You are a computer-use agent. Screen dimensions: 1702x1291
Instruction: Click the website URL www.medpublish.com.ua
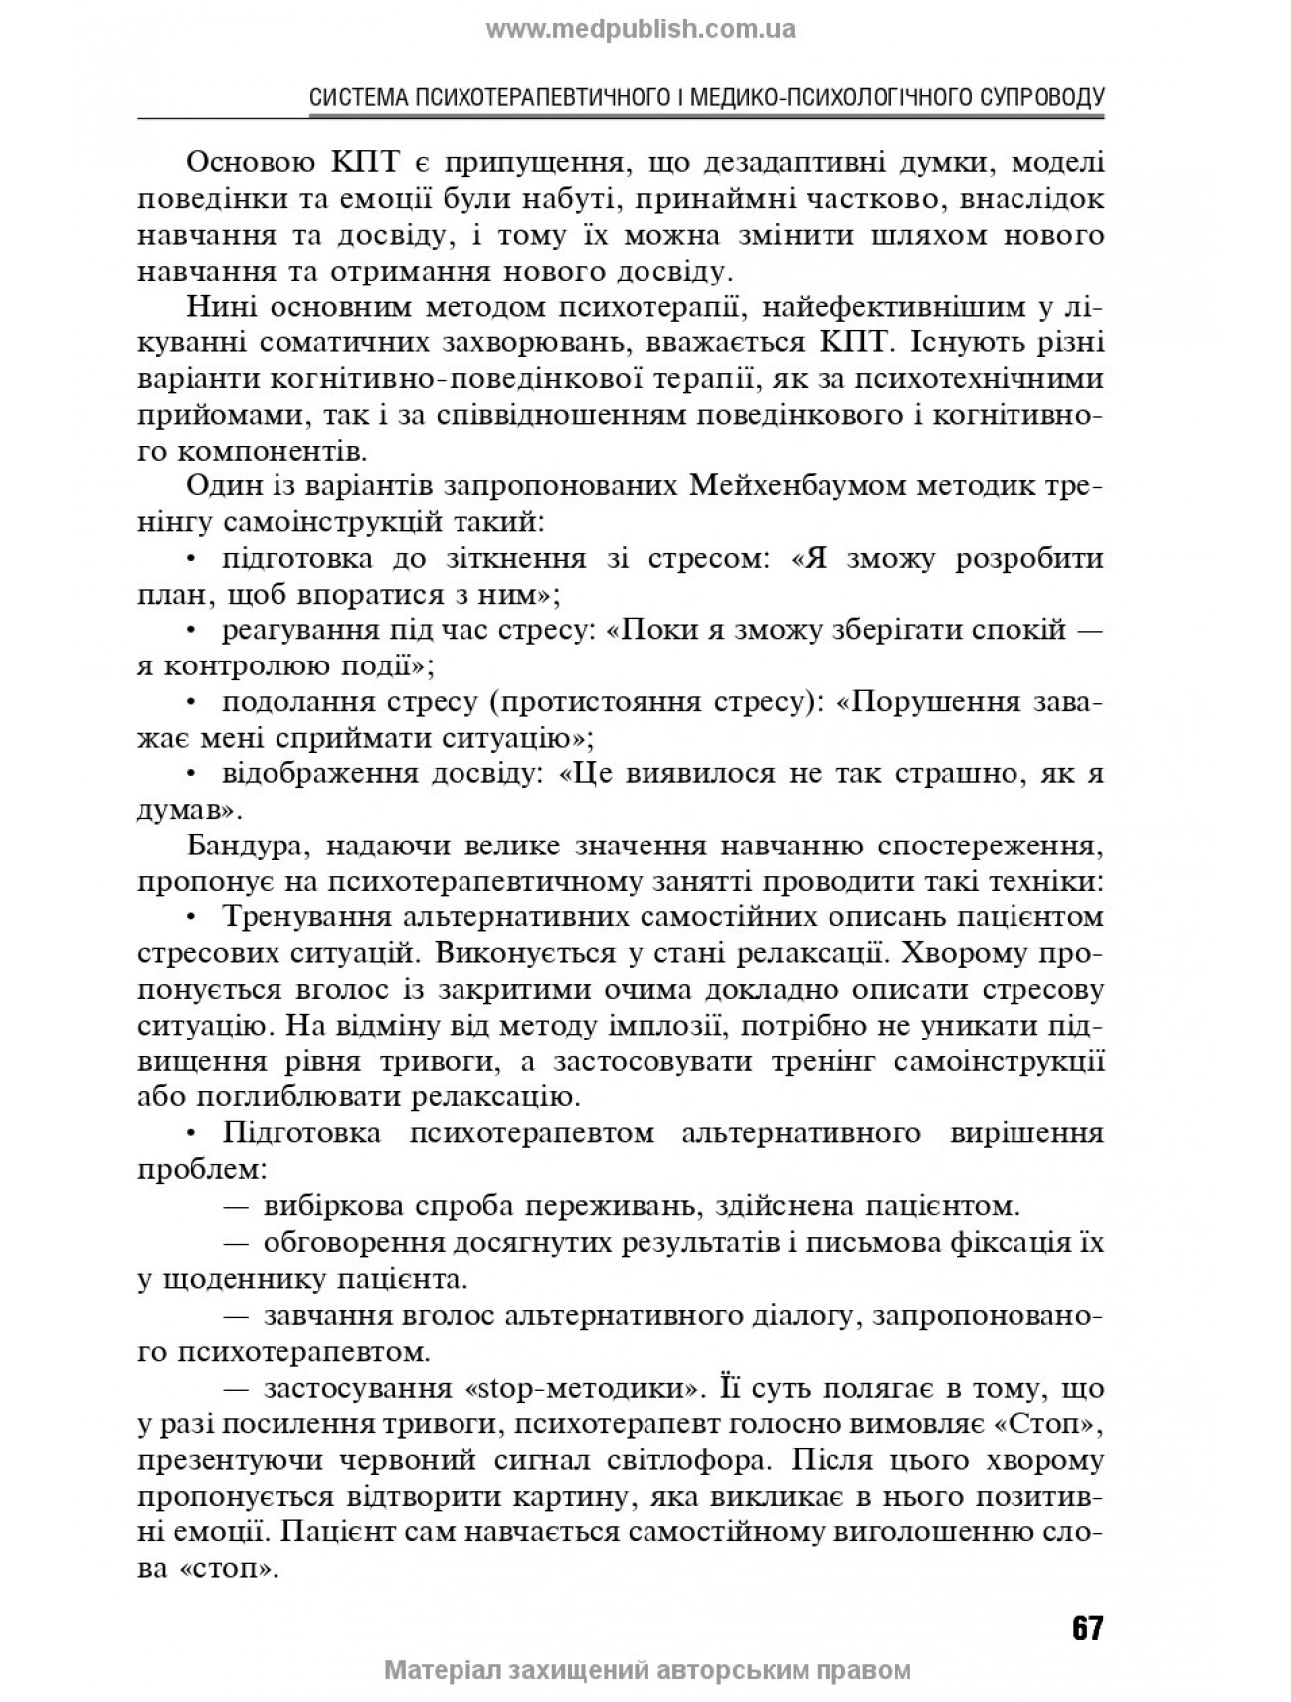coord(641,29)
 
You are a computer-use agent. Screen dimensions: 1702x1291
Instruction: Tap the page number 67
coord(1086,1627)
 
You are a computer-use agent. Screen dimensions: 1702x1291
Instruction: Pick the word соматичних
coord(348,344)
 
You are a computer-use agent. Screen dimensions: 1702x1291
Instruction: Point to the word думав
coord(183,810)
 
